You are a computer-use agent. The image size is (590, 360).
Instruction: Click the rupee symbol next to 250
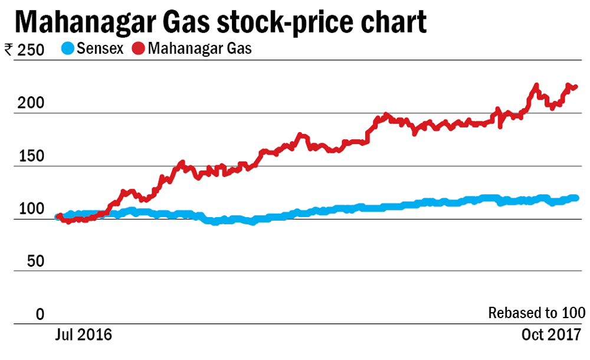point(9,50)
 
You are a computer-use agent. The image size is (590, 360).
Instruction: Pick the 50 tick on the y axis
point(36,262)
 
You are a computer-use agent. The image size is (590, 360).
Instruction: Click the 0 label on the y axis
point(40,315)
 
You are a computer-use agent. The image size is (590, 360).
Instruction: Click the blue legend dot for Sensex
point(68,49)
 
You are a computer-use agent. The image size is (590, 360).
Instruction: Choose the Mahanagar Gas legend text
point(199,49)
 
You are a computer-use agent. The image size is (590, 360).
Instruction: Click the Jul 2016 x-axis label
point(83,335)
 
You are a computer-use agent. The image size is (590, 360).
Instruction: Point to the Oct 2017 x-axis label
point(551,335)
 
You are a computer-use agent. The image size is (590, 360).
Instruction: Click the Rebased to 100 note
point(537,313)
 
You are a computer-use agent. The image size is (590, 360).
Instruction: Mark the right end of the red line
point(575,87)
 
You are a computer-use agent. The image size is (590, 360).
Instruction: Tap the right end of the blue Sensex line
point(575,198)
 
